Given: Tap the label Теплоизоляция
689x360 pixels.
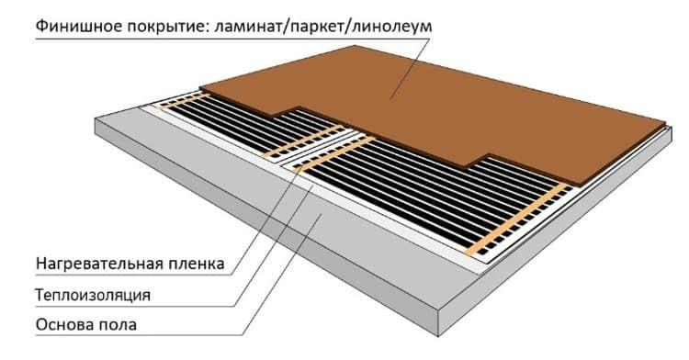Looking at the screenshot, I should coord(93,295).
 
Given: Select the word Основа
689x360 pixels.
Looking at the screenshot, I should coord(64,325).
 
